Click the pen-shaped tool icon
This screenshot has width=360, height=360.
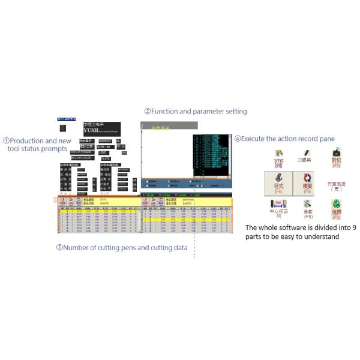click(278, 158)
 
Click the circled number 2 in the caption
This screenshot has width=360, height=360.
click(147, 112)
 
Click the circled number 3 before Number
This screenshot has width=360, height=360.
click(59, 248)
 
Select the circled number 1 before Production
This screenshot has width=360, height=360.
click(6, 141)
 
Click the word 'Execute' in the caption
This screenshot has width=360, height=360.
click(255, 139)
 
